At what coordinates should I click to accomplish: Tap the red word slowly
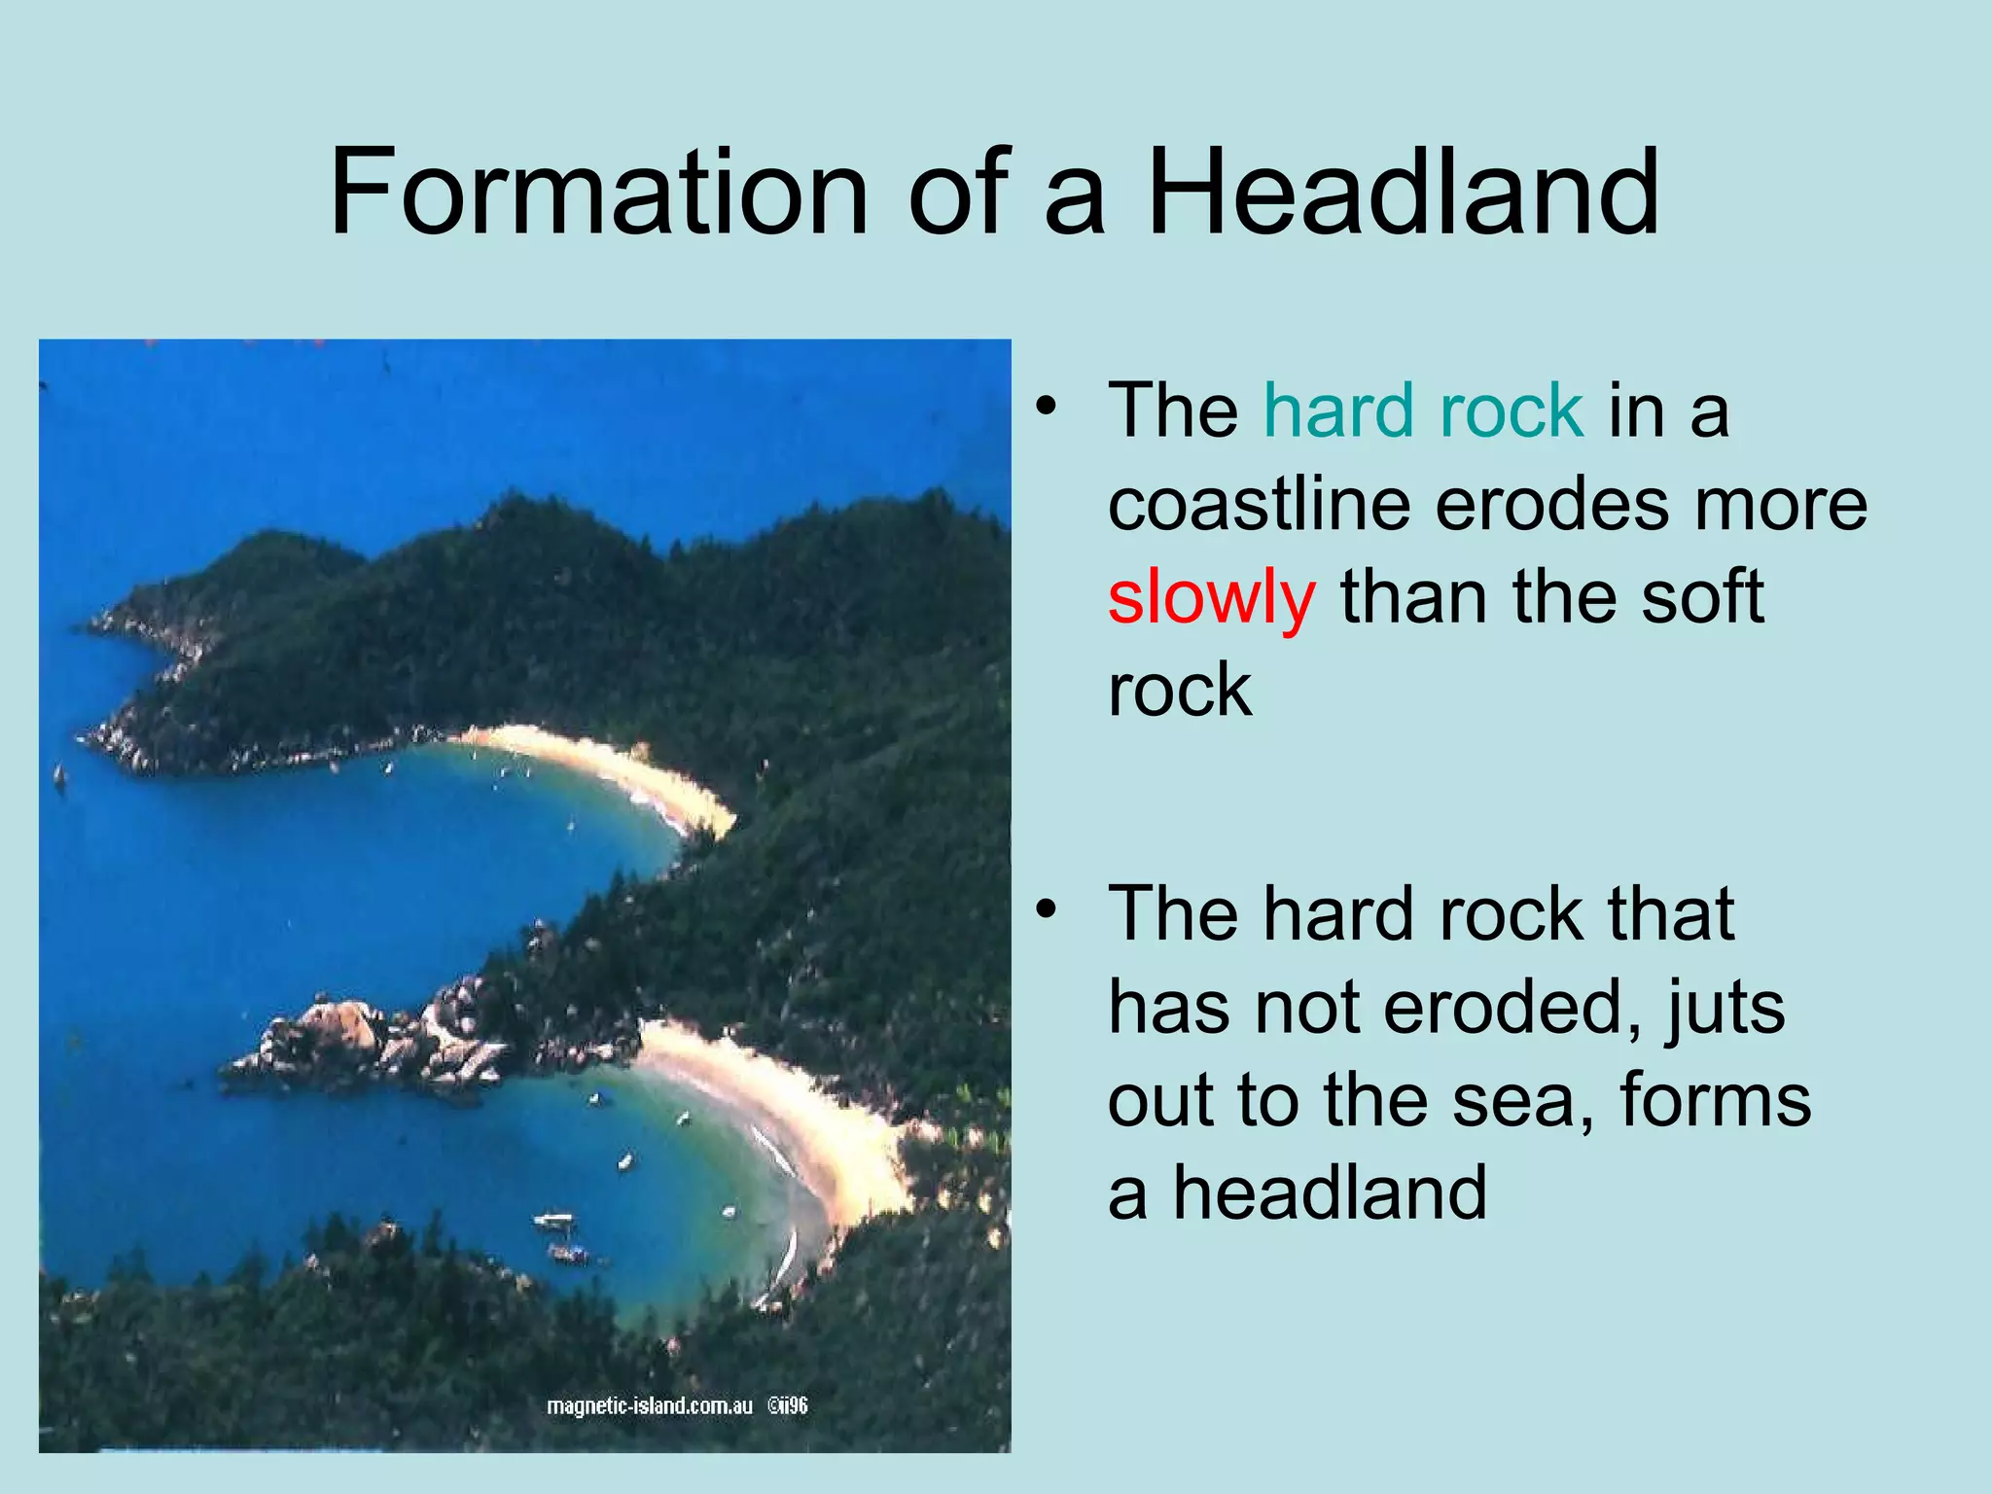coord(1211,598)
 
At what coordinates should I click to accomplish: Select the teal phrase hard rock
coord(1423,410)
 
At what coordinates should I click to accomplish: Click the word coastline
coord(1260,504)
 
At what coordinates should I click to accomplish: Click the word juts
coord(1725,1009)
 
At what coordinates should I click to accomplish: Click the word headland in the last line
coord(1329,1193)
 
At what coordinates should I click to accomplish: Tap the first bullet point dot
coord(1045,408)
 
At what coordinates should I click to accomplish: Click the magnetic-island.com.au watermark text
coord(650,1405)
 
